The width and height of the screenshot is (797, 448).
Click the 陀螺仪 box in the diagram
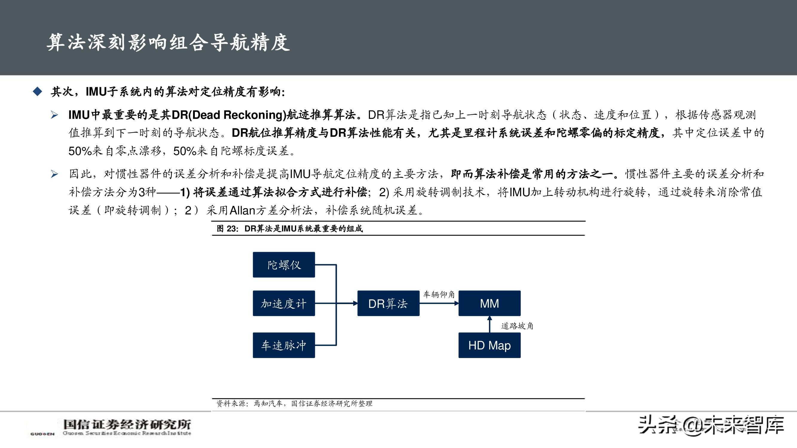click(x=284, y=265)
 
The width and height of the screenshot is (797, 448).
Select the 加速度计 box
click(x=284, y=303)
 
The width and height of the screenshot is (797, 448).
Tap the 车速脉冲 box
click(x=284, y=345)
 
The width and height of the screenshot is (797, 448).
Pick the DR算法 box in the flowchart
click(x=388, y=303)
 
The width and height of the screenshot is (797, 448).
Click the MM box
click(x=489, y=303)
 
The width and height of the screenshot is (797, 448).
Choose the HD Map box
click(x=489, y=345)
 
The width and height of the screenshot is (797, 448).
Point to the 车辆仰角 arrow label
click(x=439, y=294)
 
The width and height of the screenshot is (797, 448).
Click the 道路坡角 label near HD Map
click(x=517, y=326)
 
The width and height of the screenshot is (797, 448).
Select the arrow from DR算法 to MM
click(x=439, y=303)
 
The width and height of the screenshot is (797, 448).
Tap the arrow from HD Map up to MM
click(x=489, y=324)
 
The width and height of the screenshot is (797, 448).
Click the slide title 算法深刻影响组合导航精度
click(x=168, y=42)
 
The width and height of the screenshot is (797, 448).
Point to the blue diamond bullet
click(x=37, y=91)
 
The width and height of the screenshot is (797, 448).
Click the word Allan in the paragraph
click(x=242, y=210)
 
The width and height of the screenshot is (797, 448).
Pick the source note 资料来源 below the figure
click(x=231, y=403)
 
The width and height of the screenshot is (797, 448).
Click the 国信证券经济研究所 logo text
click(x=127, y=424)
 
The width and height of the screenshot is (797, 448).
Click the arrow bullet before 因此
click(x=54, y=174)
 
